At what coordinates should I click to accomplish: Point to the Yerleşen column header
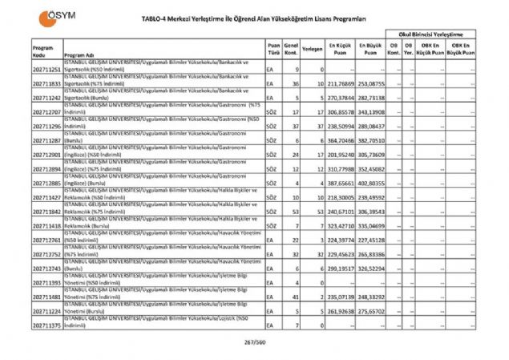click(x=313, y=48)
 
